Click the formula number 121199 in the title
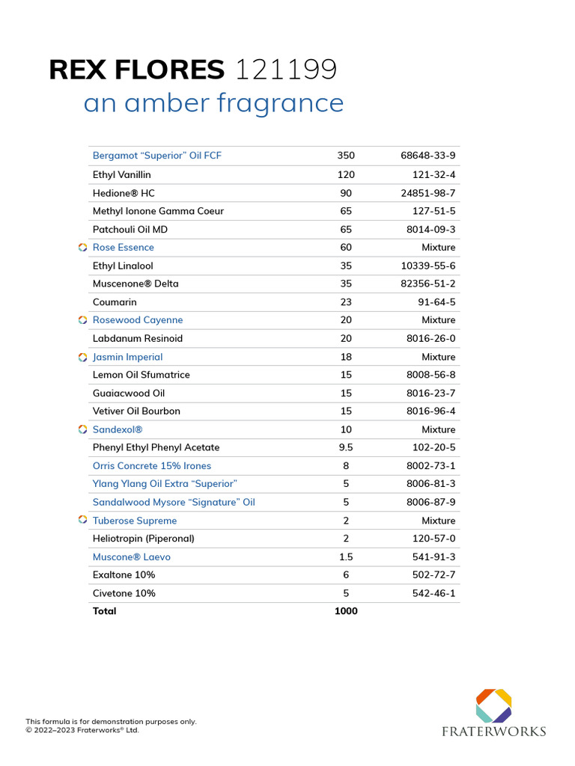(x=286, y=70)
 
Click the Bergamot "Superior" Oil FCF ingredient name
(x=157, y=156)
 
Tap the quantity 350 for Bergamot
(x=346, y=156)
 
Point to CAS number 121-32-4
(x=433, y=174)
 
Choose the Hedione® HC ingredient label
(x=124, y=193)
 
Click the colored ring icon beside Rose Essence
(x=83, y=248)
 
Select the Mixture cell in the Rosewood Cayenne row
(x=438, y=320)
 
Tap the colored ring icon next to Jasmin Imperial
(x=83, y=358)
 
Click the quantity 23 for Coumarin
(x=346, y=302)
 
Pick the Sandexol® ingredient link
(x=118, y=429)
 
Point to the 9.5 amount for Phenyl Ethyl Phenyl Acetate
(x=346, y=447)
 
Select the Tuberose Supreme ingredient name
(x=135, y=521)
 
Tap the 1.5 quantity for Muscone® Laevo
(x=346, y=557)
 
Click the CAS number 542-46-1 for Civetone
(x=433, y=593)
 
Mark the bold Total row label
(x=104, y=611)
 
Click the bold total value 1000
(x=346, y=611)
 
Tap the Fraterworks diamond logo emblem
(x=494, y=705)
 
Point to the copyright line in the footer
(x=82, y=730)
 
